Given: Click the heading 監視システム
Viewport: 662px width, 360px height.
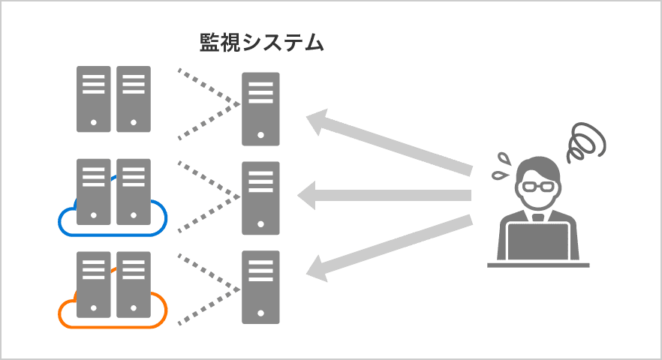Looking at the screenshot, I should point(261,42).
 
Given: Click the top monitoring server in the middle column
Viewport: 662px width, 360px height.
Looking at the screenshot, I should point(260,109).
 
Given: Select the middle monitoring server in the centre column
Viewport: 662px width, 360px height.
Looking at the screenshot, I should point(260,198).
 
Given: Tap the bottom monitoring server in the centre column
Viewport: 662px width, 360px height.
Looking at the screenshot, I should point(260,287).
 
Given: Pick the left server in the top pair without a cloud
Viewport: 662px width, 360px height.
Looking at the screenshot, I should point(93,99).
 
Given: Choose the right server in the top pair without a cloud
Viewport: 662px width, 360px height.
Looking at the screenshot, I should point(134,99).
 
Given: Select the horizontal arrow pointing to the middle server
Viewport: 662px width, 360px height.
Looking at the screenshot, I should point(383,196).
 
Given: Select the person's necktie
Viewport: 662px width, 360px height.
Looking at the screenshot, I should point(538,217).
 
